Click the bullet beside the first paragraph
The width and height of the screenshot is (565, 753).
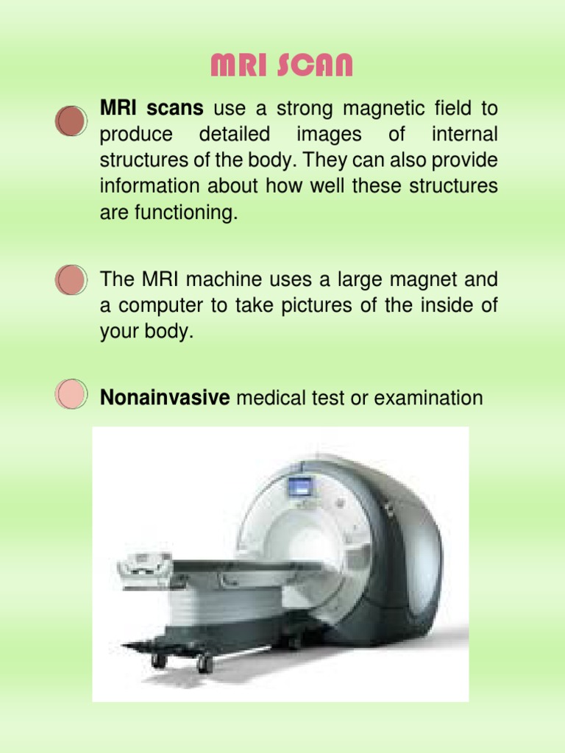coord(71,121)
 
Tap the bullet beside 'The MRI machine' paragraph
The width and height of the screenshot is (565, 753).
coord(71,280)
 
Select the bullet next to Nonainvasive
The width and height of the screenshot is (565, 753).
coord(71,395)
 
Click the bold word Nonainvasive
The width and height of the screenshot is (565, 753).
coord(166,399)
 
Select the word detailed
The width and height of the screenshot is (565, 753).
coord(234,135)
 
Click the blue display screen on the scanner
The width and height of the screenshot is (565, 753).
coord(299,486)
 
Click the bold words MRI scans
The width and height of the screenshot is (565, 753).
coord(152,110)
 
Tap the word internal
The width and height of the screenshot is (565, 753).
coord(464,135)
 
